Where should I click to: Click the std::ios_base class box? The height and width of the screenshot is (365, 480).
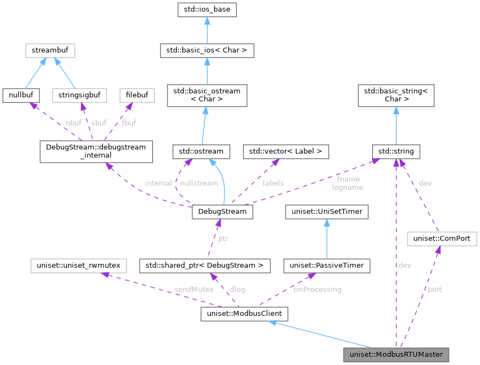[206, 10]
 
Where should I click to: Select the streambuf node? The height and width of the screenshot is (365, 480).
[50, 51]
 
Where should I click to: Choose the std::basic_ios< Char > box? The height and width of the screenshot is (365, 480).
[206, 51]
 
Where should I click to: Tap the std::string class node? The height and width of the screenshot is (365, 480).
[396, 150]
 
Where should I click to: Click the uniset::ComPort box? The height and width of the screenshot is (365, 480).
[442, 239]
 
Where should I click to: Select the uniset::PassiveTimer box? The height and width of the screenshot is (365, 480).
[327, 266]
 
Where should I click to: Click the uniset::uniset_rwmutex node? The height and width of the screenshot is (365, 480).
[79, 266]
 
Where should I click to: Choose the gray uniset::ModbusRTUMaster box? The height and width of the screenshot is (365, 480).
[396, 355]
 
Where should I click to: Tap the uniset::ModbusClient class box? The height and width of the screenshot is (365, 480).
[244, 314]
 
